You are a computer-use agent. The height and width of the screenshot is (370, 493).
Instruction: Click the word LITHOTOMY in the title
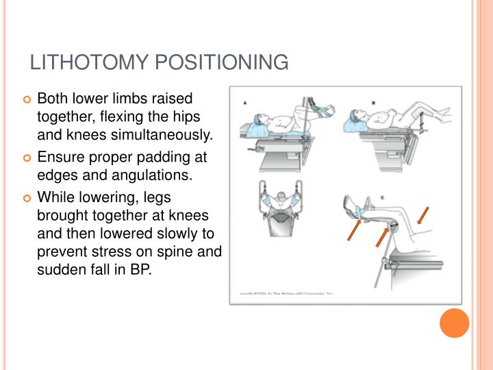click(x=88, y=62)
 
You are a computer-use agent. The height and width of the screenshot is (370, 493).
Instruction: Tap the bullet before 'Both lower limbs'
click(x=27, y=101)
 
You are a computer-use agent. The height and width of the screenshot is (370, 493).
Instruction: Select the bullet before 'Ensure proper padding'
click(x=27, y=159)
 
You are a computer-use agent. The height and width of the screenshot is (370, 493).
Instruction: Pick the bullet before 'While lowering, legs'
click(x=27, y=199)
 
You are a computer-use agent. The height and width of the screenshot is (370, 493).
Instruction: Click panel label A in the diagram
click(x=244, y=105)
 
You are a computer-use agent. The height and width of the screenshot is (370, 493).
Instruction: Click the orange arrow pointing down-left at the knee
click(x=423, y=215)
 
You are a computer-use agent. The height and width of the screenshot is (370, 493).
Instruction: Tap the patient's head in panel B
click(x=360, y=121)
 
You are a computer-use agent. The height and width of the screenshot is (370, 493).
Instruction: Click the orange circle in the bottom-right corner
click(x=454, y=322)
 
